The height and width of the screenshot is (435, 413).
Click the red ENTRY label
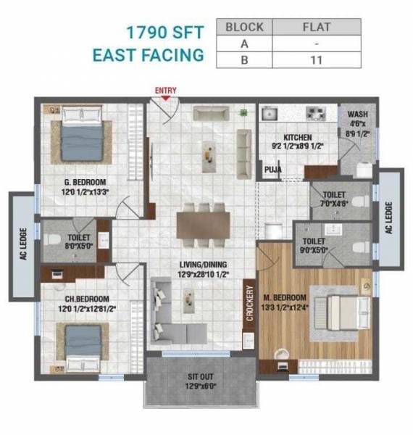click(166, 91)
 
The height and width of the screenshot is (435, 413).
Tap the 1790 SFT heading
click(165, 33)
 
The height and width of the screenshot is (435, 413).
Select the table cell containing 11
click(314, 60)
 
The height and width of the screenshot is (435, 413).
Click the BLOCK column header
click(244, 27)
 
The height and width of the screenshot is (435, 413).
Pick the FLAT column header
click(314, 27)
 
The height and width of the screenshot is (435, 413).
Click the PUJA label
click(272, 172)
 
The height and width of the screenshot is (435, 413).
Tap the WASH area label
click(358, 115)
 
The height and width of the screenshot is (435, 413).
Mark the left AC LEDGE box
click(22, 247)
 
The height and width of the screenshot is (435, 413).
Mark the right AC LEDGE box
click(389, 217)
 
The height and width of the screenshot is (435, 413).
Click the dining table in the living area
click(203, 224)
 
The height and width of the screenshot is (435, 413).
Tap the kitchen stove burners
click(315, 113)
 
